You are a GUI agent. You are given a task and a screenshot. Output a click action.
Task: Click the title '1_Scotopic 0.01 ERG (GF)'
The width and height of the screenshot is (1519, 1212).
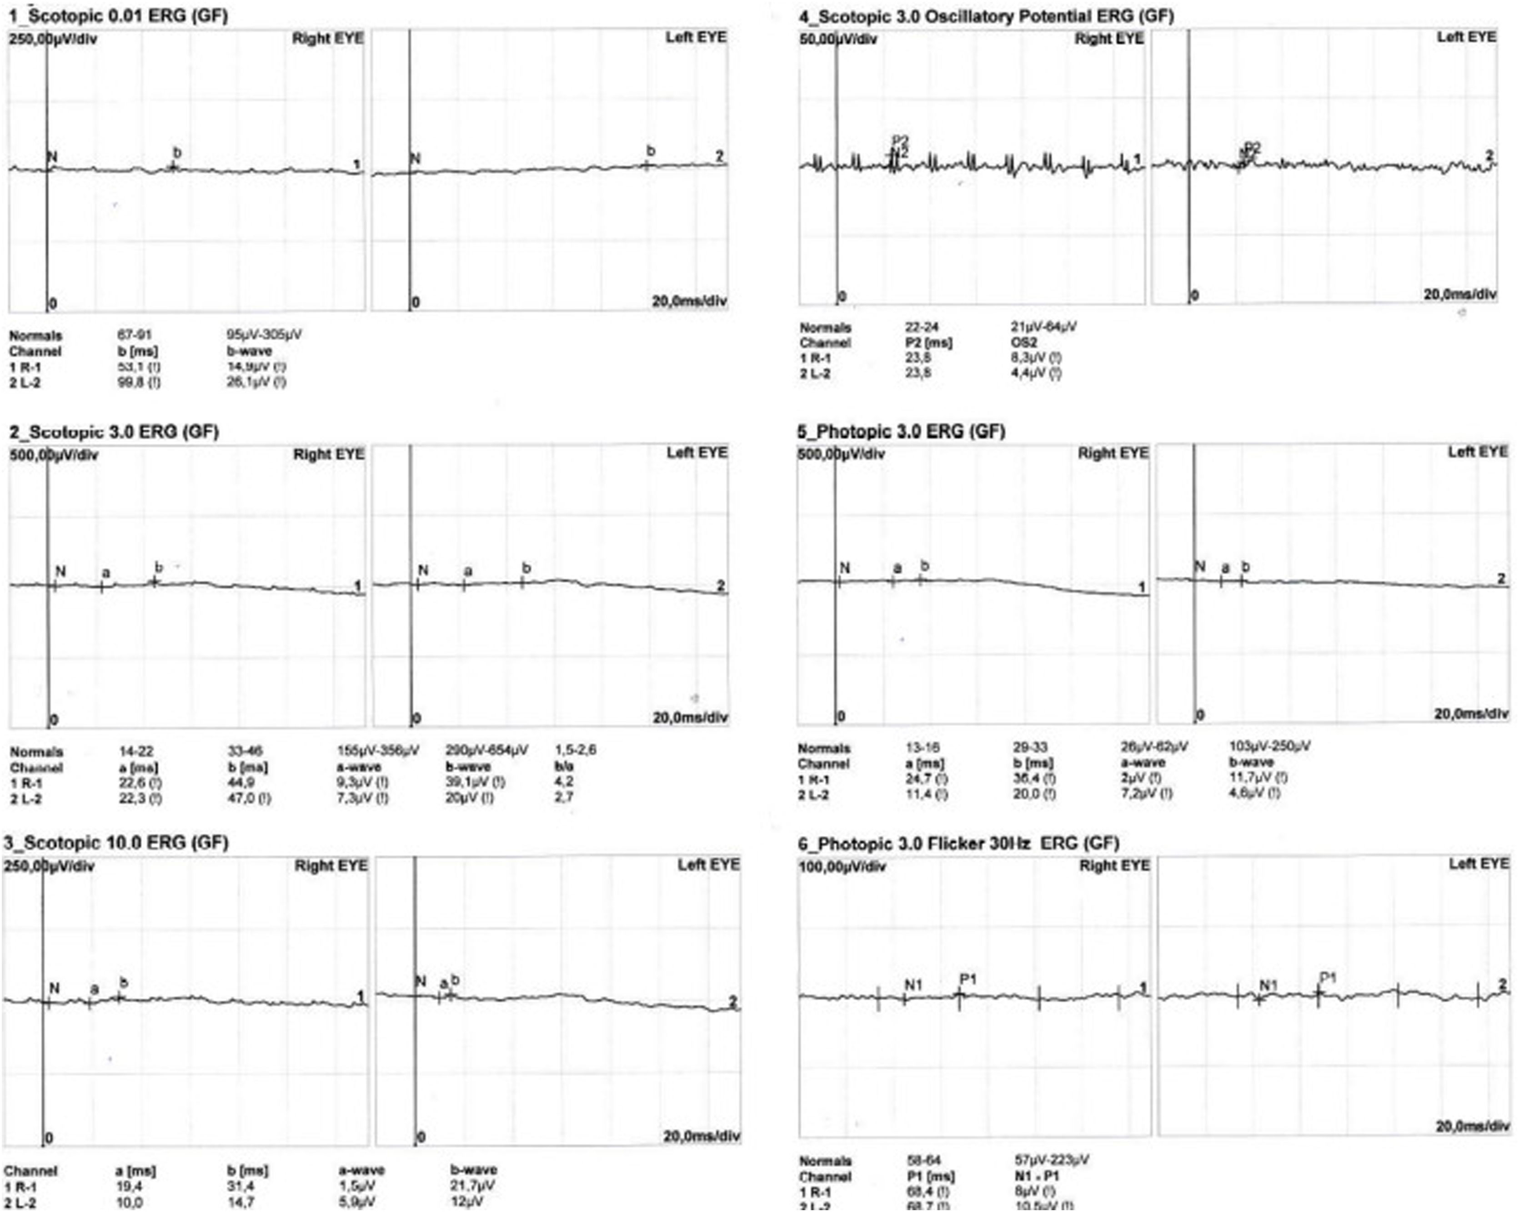click(x=118, y=15)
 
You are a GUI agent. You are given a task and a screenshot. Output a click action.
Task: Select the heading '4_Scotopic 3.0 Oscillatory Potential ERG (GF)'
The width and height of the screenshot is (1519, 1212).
click(x=986, y=15)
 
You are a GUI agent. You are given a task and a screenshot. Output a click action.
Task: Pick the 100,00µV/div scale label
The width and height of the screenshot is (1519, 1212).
click(x=842, y=866)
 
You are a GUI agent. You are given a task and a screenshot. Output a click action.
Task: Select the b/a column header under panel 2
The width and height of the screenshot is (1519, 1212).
click(x=564, y=766)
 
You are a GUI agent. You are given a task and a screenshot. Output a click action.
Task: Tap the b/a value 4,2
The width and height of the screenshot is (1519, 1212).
click(x=564, y=781)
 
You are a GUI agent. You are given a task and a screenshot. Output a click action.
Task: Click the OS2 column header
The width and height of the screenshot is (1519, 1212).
click(x=1024, y=342)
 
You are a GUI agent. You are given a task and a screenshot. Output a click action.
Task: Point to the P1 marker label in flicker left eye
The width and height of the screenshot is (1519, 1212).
click(x=1328, y=977)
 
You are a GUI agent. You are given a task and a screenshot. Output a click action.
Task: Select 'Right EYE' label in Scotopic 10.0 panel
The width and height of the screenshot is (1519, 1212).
click(x=331, y=865)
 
